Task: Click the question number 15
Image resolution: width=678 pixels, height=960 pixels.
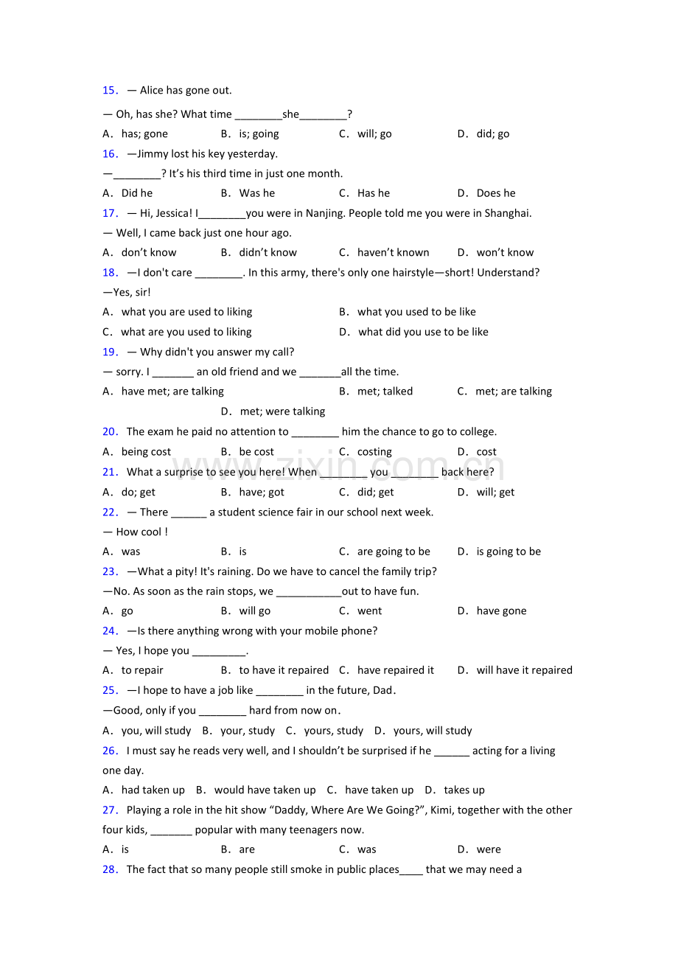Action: pyautogui.click(x=110, y=91)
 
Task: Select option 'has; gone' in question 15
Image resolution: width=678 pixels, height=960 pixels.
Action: pyautogui.click(x=144, y=134)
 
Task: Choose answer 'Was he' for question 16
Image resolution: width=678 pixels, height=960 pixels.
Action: pyautogui.click(x=256, y=193)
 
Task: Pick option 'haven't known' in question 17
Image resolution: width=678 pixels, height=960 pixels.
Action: pyautogui.click(x=393, y=253)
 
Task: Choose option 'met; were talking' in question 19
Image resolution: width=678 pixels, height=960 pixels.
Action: pyautogui.click(x=282, y=411)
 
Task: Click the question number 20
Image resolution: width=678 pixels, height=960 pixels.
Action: pyautogui.click(x=110, y=432)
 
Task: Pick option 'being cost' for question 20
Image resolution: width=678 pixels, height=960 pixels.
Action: pyautogui.click(x=146, y=452)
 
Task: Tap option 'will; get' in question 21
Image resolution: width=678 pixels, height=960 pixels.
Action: pyautogui.click(x=495, y=493)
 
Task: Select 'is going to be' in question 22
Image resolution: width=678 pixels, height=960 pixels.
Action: pyautogui.click(x=508, y=552)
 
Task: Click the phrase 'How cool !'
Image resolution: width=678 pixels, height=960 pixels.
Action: pyautogui.click(x=141, y=532)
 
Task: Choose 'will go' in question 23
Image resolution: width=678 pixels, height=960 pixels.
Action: pyautogui.click(x=254, y=611)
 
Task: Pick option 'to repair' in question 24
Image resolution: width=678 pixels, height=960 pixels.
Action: pyautogui.click(x=142, y=670)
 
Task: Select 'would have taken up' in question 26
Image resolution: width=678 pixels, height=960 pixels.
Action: pyautogui.click(x=265, y=790)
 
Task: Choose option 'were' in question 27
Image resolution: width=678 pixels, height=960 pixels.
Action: pyautogui.click(x=489, y=849)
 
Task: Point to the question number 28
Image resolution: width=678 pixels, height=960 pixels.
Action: pyautogui.click(x=110, y=870)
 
